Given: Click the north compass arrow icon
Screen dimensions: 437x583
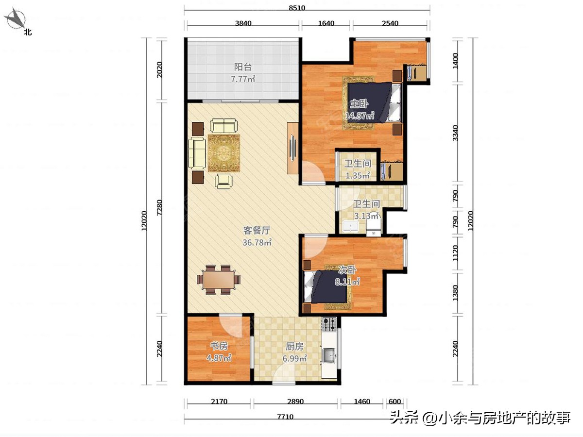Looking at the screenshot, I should click(16, 19).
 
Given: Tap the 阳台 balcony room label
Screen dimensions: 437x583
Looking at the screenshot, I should click(243, 67).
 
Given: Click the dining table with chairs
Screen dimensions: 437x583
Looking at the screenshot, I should click(219, 280).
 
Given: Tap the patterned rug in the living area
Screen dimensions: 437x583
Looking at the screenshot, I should click(224, 152).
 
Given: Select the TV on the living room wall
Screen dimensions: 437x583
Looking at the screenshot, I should click(293, 148).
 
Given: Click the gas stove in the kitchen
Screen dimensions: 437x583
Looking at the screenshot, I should click(329, 324).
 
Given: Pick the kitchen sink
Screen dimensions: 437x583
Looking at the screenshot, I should click(329, 355).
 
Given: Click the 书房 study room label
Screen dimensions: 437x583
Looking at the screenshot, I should click(219, 346).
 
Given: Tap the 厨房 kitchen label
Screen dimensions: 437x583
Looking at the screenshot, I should click(295, 347).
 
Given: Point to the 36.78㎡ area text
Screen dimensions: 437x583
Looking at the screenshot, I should click(257, 243).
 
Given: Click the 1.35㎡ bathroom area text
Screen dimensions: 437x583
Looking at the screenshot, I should click(358, 176).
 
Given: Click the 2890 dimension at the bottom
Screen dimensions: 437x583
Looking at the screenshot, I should click(295, 402).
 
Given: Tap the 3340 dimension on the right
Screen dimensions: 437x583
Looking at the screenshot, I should click(455, 134).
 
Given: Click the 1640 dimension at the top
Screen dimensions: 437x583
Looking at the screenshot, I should click(326, 22).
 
